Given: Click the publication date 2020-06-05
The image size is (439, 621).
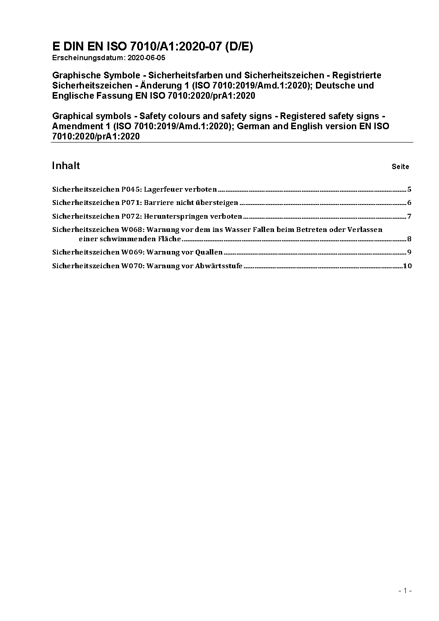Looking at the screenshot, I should point(146,58).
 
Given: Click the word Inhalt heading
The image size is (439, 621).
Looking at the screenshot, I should point(66,166).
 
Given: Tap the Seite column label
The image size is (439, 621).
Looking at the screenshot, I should point(400,167).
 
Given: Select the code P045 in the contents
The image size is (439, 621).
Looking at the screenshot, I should point(131,189).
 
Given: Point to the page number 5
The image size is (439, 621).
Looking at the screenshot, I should point(409,189).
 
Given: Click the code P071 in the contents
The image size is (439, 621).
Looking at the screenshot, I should point(131,203).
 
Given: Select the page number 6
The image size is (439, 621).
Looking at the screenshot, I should point(409,203).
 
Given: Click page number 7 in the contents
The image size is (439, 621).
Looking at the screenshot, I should point(409,216).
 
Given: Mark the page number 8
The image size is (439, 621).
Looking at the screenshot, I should point(409,239).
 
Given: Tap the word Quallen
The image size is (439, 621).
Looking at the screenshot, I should point(209,252).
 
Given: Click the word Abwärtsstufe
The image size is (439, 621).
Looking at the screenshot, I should point(219,266).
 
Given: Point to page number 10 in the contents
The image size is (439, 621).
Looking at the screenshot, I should point(407,266).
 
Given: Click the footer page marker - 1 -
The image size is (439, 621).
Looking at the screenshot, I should point(405,590).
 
